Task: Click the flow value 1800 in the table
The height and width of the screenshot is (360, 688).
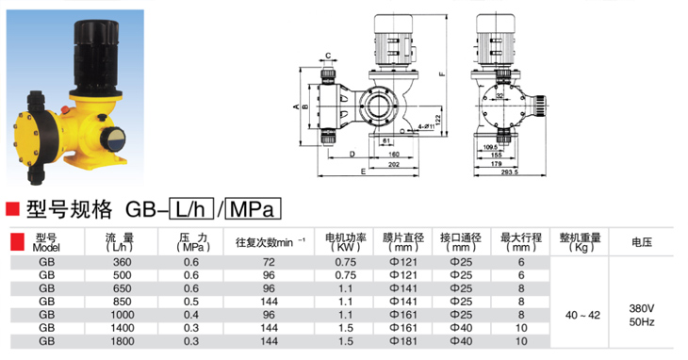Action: click(122, 341)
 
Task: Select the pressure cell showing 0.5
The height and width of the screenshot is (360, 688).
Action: click(191, 302)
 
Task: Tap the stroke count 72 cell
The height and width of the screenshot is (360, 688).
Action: click(269, 262)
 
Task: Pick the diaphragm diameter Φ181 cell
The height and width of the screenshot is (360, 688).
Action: click(402, 341)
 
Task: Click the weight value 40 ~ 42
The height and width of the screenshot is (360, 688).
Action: click(582, 315)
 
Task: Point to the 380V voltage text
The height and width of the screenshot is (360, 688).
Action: click(642, 308)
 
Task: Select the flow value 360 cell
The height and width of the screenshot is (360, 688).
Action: click(122, 262)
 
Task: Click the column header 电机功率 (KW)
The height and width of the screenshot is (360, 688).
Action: click(345, 242)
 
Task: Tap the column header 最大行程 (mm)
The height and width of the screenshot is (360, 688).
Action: click(521, 242)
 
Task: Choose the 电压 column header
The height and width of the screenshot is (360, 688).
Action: click(642, 241)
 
